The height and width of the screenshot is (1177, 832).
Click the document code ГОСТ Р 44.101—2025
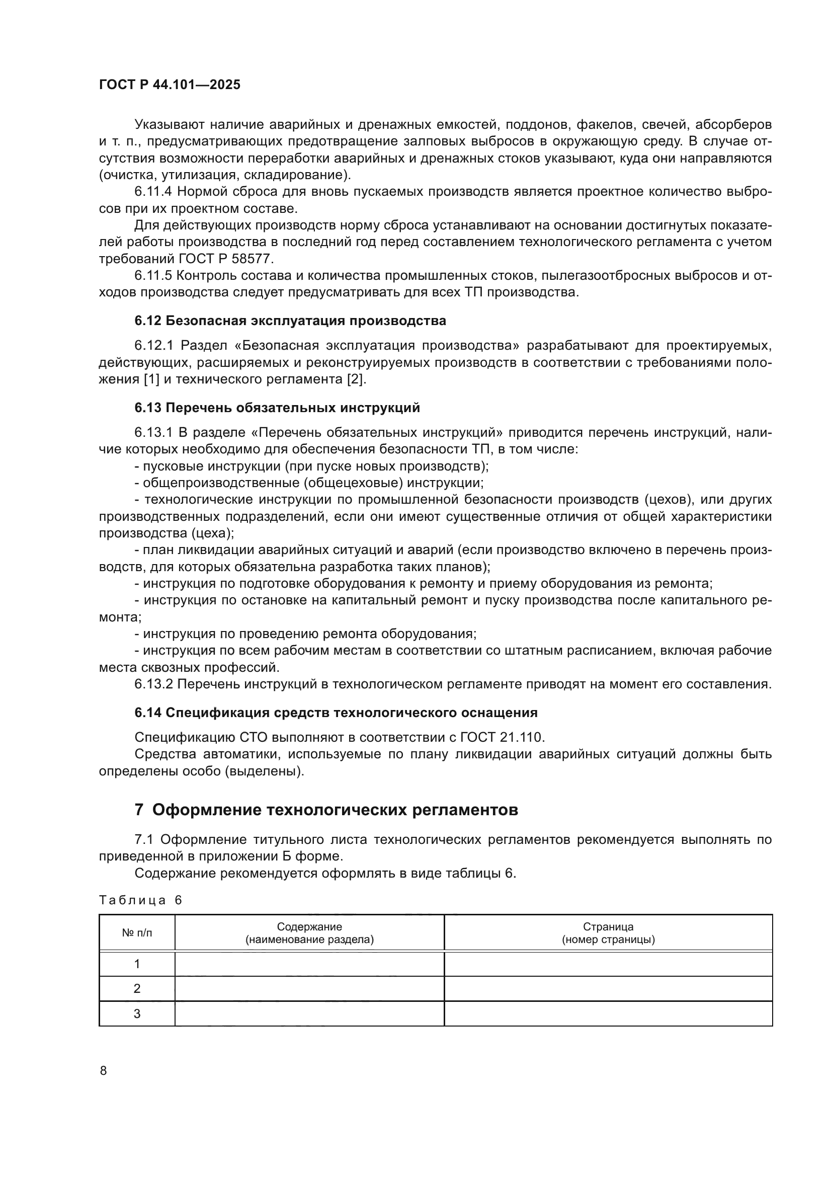170,85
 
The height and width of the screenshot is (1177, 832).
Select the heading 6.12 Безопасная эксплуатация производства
290,321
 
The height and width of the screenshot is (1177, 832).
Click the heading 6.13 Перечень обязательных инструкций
277,408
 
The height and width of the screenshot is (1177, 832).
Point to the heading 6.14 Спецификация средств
336,713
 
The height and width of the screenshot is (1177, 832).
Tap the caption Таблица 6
140,900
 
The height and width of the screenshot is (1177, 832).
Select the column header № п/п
137,933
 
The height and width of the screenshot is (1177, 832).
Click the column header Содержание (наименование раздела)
309,933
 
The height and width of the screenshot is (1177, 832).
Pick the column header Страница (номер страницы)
608,933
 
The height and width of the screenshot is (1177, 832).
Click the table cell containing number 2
137,988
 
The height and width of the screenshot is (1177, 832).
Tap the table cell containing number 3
137,1013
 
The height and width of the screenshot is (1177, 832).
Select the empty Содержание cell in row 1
309,964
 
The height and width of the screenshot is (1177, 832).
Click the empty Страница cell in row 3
608,1013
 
